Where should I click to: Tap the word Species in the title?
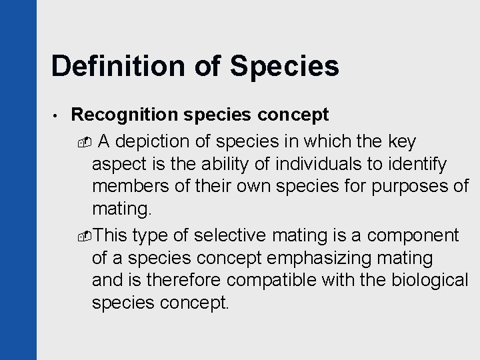click(285, 67)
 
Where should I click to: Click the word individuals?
click(319, 165)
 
